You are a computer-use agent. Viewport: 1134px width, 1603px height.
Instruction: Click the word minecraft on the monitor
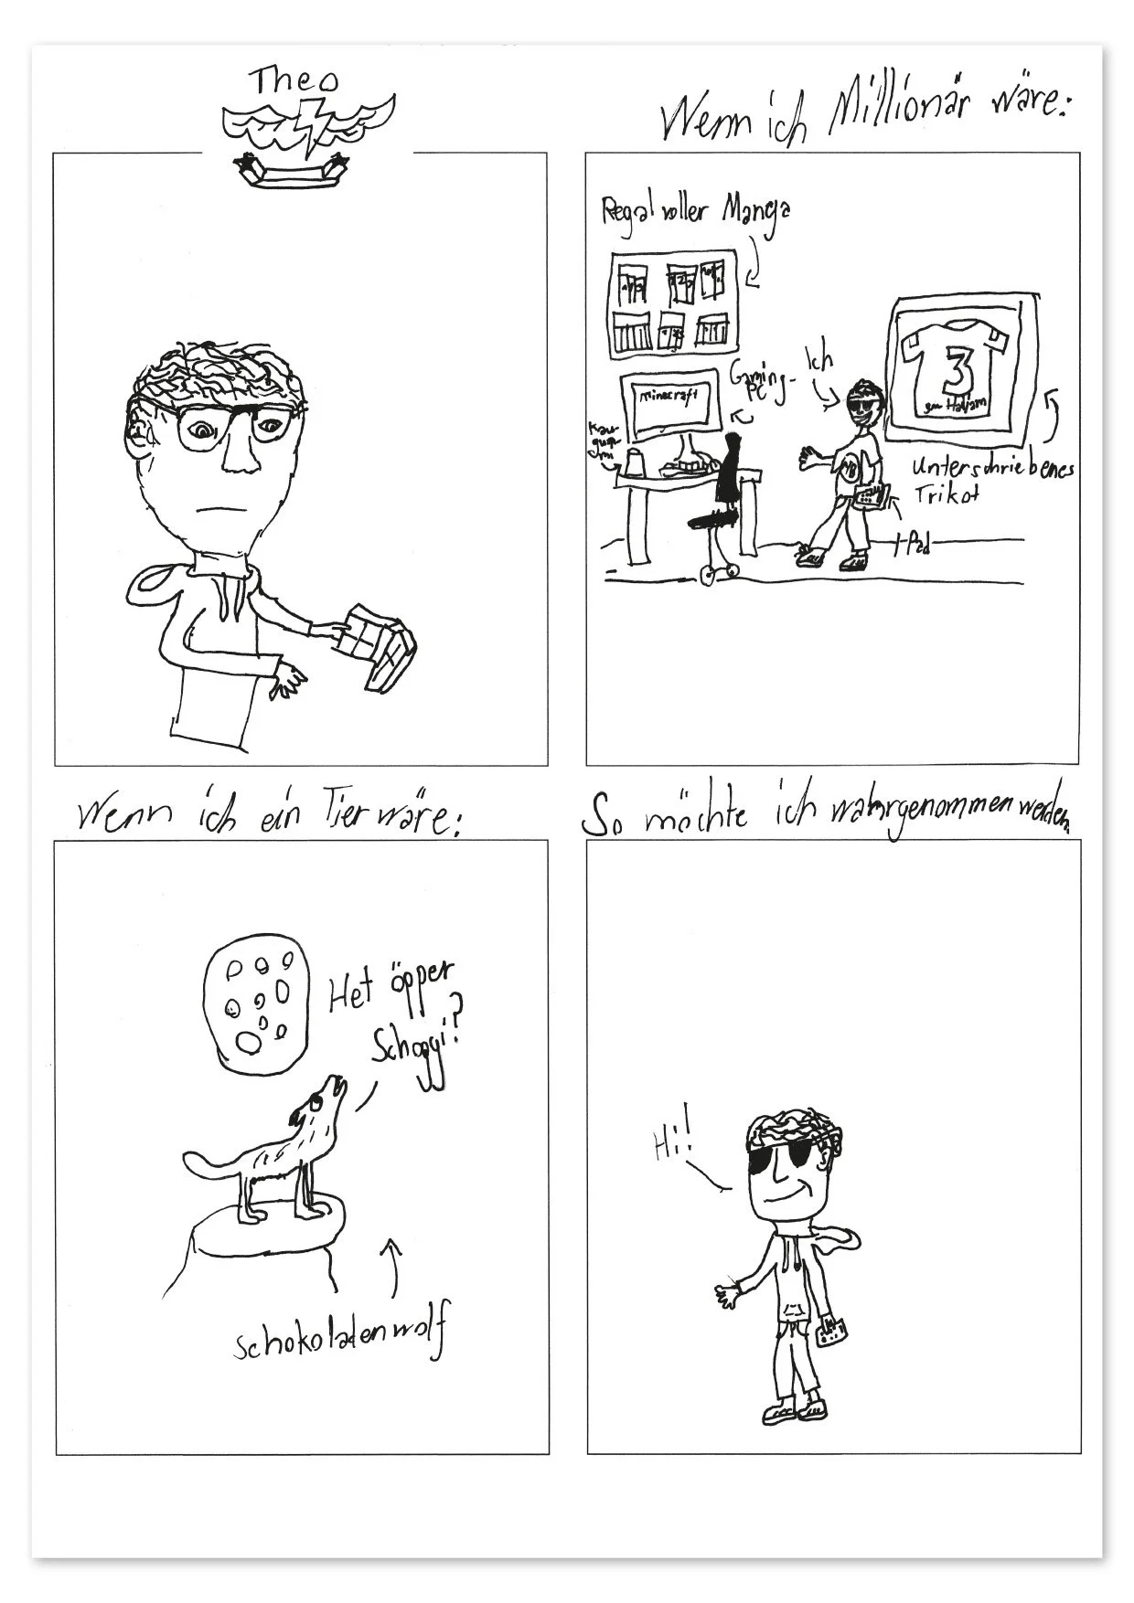[669, 396]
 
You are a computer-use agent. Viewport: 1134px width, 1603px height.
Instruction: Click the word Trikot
[947, 495]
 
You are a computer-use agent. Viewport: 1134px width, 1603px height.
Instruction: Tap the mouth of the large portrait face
[213, 509]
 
